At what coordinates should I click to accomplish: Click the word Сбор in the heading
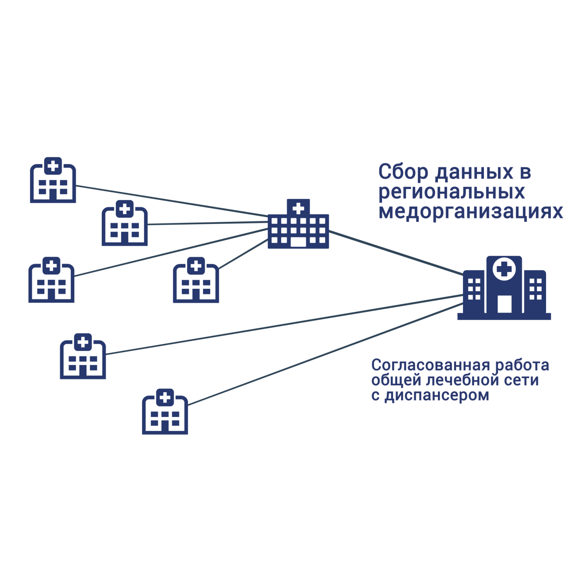pos(403,172)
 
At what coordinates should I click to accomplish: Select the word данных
pos(474,172)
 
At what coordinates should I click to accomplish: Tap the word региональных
pos(452,192)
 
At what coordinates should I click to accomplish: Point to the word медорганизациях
pos(471,212)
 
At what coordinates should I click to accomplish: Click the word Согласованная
pos(430,365)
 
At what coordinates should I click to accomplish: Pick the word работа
pos(522,365)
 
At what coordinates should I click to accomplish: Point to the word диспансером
pos(437,396)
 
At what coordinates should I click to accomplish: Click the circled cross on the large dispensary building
pos(504,269)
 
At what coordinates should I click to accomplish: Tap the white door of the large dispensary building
pos(504,304)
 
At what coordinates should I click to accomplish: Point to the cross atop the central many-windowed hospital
pos(298,208)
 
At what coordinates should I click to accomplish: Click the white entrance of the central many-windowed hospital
pos(298,242)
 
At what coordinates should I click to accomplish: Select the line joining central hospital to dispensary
pos(395,252)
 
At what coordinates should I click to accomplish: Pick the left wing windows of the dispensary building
pos(474,289)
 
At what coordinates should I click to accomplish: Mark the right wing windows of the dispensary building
pos(535,289)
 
